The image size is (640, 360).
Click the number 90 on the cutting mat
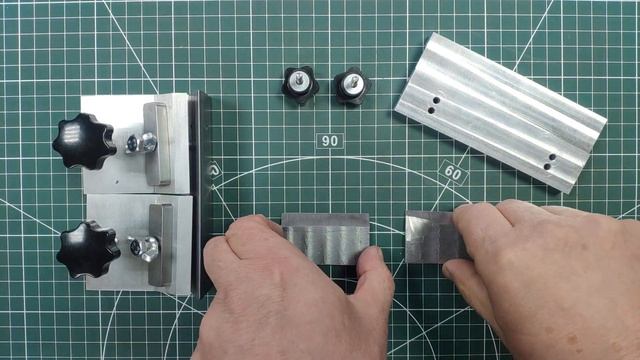[330, 141]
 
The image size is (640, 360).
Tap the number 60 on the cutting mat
[452, 173]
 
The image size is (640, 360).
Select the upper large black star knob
[84, 141]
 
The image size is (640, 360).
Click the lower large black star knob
[88, 249]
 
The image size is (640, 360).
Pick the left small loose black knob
[300, 85]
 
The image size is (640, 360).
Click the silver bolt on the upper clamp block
[141, 143]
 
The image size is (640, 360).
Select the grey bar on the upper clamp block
[157, 144]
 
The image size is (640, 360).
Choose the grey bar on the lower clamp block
[160, 245]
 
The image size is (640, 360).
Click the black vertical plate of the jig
[201, 194]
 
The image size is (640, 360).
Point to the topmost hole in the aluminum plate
[436, 100]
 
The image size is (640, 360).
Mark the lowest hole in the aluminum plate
[547, 166]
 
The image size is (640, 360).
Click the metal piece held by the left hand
[326, 239]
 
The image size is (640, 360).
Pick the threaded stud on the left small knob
[300, 79]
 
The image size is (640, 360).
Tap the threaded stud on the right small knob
[353, 82]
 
